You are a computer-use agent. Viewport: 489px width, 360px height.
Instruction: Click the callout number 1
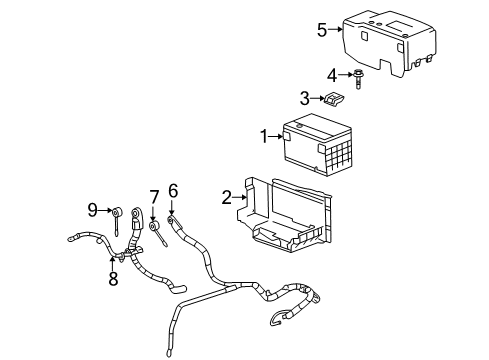pyautogui.click(x=264, y=135)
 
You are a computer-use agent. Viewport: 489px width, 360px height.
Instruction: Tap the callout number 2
pyautogui.click(x=227, y=197)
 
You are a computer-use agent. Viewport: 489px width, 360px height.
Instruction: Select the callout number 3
pyautogui.click(x=304, y=97)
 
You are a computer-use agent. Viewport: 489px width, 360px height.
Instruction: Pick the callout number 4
pyautogui.click(x=331, y=74)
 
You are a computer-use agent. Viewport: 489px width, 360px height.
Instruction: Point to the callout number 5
pyautogui.click(x=321, y=29)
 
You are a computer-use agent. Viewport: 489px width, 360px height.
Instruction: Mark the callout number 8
pyautogui.click(x=113, y=279)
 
